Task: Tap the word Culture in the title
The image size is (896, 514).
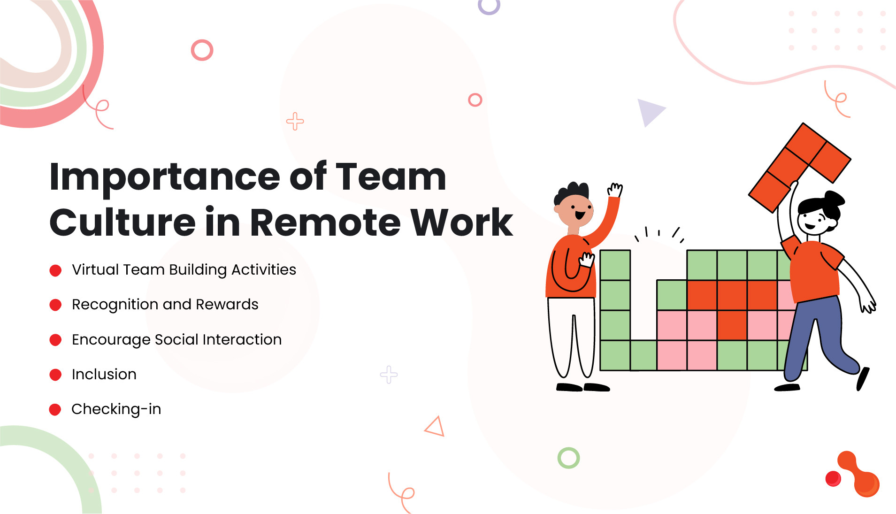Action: click(x=122, y=222)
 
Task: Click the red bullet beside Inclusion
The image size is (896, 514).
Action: click(x=55, y=375)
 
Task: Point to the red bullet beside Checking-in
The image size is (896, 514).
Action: click(x=55, y=409)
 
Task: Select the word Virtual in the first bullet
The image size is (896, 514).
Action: click(x=95, y=269)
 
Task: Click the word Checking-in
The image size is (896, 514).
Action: click(x=116, y=409)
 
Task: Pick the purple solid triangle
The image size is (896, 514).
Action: click(x=649, y=111)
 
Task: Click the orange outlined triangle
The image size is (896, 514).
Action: click(x=435, y=427)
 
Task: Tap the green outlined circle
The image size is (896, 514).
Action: click(x=568, y=458)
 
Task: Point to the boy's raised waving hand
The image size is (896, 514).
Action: click(x=615, y=190)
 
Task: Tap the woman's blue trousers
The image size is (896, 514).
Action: click(x=817, y=333)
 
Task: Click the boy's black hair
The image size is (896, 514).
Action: click(x=572, y=192)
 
